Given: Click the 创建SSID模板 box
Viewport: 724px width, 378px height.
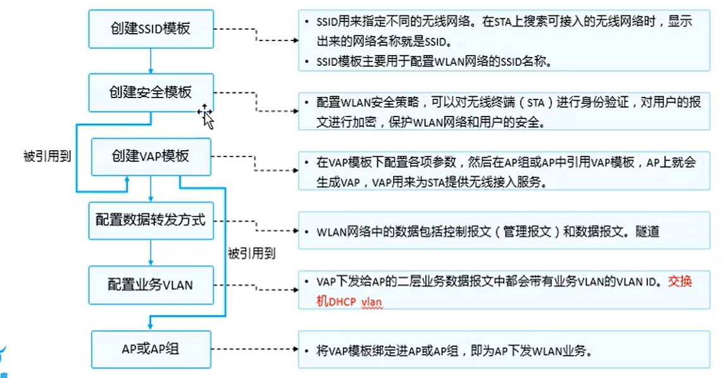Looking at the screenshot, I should (x=150, y=28).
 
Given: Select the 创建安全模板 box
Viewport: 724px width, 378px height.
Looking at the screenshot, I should (x=150, y=92).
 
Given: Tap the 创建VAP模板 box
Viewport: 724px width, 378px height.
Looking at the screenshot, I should (x=150, y=156).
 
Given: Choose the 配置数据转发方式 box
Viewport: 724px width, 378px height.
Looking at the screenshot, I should (x=150, y=220).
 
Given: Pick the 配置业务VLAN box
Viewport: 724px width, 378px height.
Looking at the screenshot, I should (x=150, y=285).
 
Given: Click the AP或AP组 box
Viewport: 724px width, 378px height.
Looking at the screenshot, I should (x=150, y=349).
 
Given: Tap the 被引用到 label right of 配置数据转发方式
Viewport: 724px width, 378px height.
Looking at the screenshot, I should (x=251, y=253).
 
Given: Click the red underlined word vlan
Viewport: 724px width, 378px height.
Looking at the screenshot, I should (x=371, y=302).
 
